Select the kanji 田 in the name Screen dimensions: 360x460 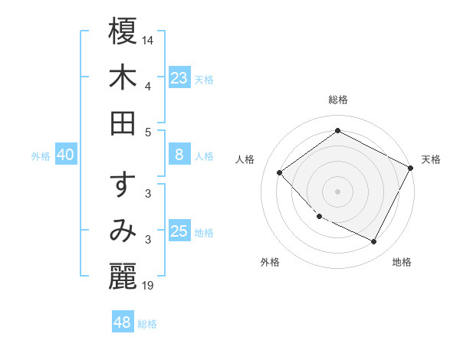click(x=123, y=123)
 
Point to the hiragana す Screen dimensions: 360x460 click(x=123, y=187)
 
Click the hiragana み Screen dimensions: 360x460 click(x=123, y=232)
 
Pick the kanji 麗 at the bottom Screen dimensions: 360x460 click(x=123, y=277)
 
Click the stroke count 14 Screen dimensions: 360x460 click(x=149, y=39)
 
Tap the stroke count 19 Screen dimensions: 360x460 click(x=149, y=287)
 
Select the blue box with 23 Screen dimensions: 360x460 click(x=179, y=77)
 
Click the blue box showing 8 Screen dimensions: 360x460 click(x=179, y=155)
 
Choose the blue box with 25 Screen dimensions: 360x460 click(x=179, y=231)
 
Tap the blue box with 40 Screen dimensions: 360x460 click(x=65, y=155)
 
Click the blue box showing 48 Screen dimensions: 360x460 click(x=123, y=322)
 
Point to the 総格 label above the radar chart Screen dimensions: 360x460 click(x=338, y=100)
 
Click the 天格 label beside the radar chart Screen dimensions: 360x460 click(x=431, y=159)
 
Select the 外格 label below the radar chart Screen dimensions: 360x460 click(x=270, y=262)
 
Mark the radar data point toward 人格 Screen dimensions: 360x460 click(x=280, y=173)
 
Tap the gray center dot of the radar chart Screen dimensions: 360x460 click(x=337, y=191)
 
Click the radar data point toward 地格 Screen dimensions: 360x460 click(x=374, y=242)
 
